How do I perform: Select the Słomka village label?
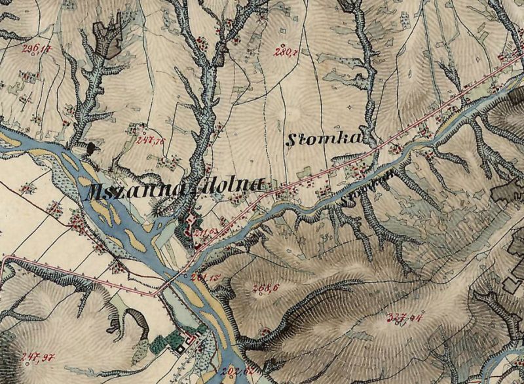[324, 138]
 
